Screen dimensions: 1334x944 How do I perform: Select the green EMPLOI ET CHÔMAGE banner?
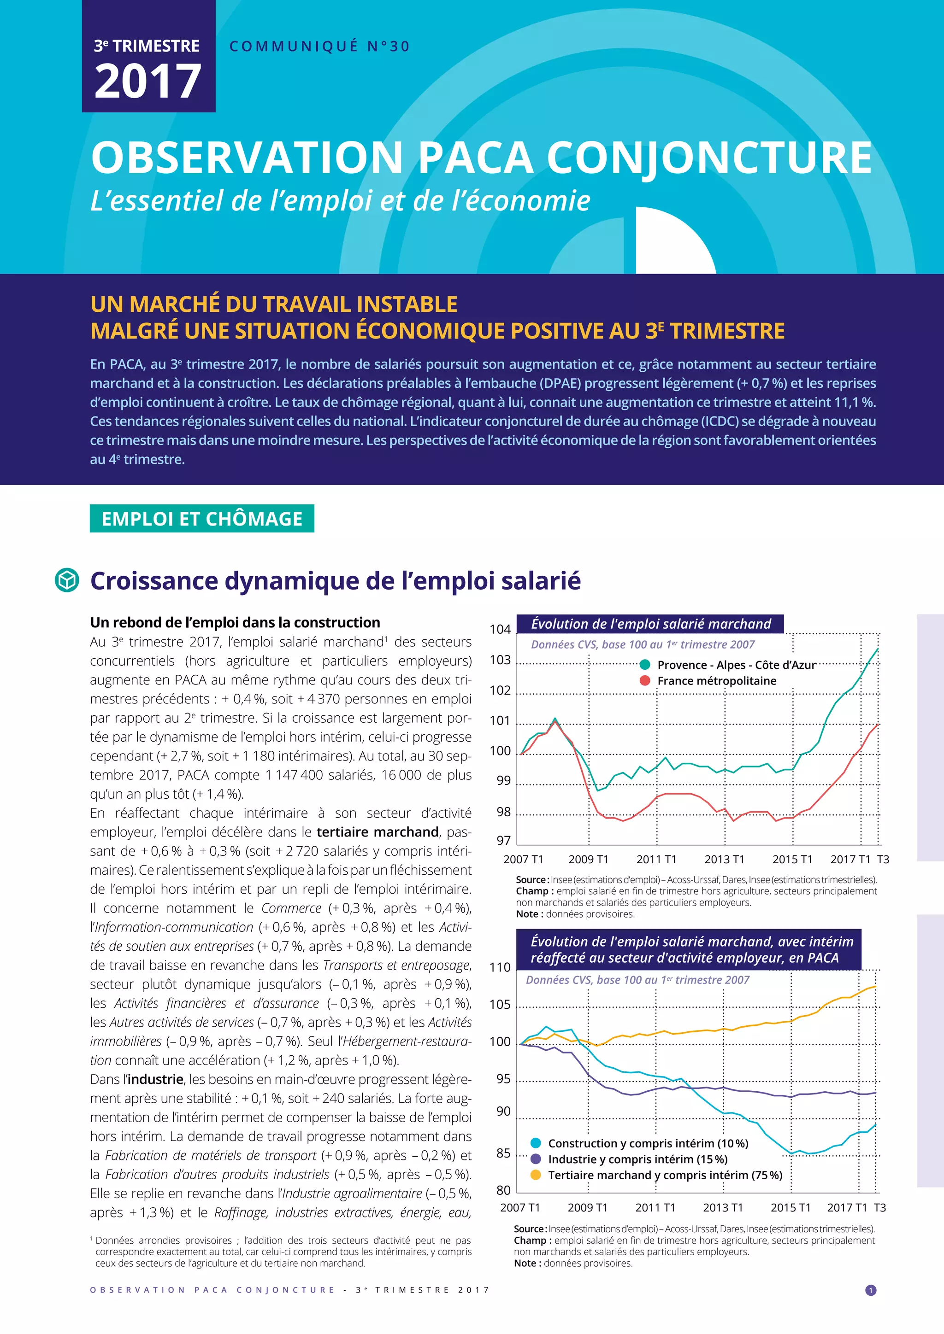click(202, 518)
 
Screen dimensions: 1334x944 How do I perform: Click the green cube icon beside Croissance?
click(67, 580)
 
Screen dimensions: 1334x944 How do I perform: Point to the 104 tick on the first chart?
click(500, 629)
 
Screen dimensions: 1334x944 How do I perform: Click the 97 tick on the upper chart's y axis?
click(503, 840)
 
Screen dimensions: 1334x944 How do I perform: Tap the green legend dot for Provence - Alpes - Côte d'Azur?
click(645, 665)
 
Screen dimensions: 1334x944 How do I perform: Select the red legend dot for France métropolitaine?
click(645, 680)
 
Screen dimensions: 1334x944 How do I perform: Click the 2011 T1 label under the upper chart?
click(656, 859)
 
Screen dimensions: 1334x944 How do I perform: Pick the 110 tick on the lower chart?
click(500, 967)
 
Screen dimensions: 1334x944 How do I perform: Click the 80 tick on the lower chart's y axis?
click(503, 1190)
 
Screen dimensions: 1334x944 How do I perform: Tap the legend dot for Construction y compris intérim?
click(536, 1143)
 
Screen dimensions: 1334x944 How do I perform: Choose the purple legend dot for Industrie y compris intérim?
click(536, 1158)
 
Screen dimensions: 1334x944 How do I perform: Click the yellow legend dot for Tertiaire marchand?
click(536, 1175)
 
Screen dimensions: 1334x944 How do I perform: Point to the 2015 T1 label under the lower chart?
click(791, 1207)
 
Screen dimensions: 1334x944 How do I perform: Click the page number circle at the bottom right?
click(871, 1290)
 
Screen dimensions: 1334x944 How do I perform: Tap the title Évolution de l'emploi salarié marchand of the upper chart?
click(650, 624)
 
